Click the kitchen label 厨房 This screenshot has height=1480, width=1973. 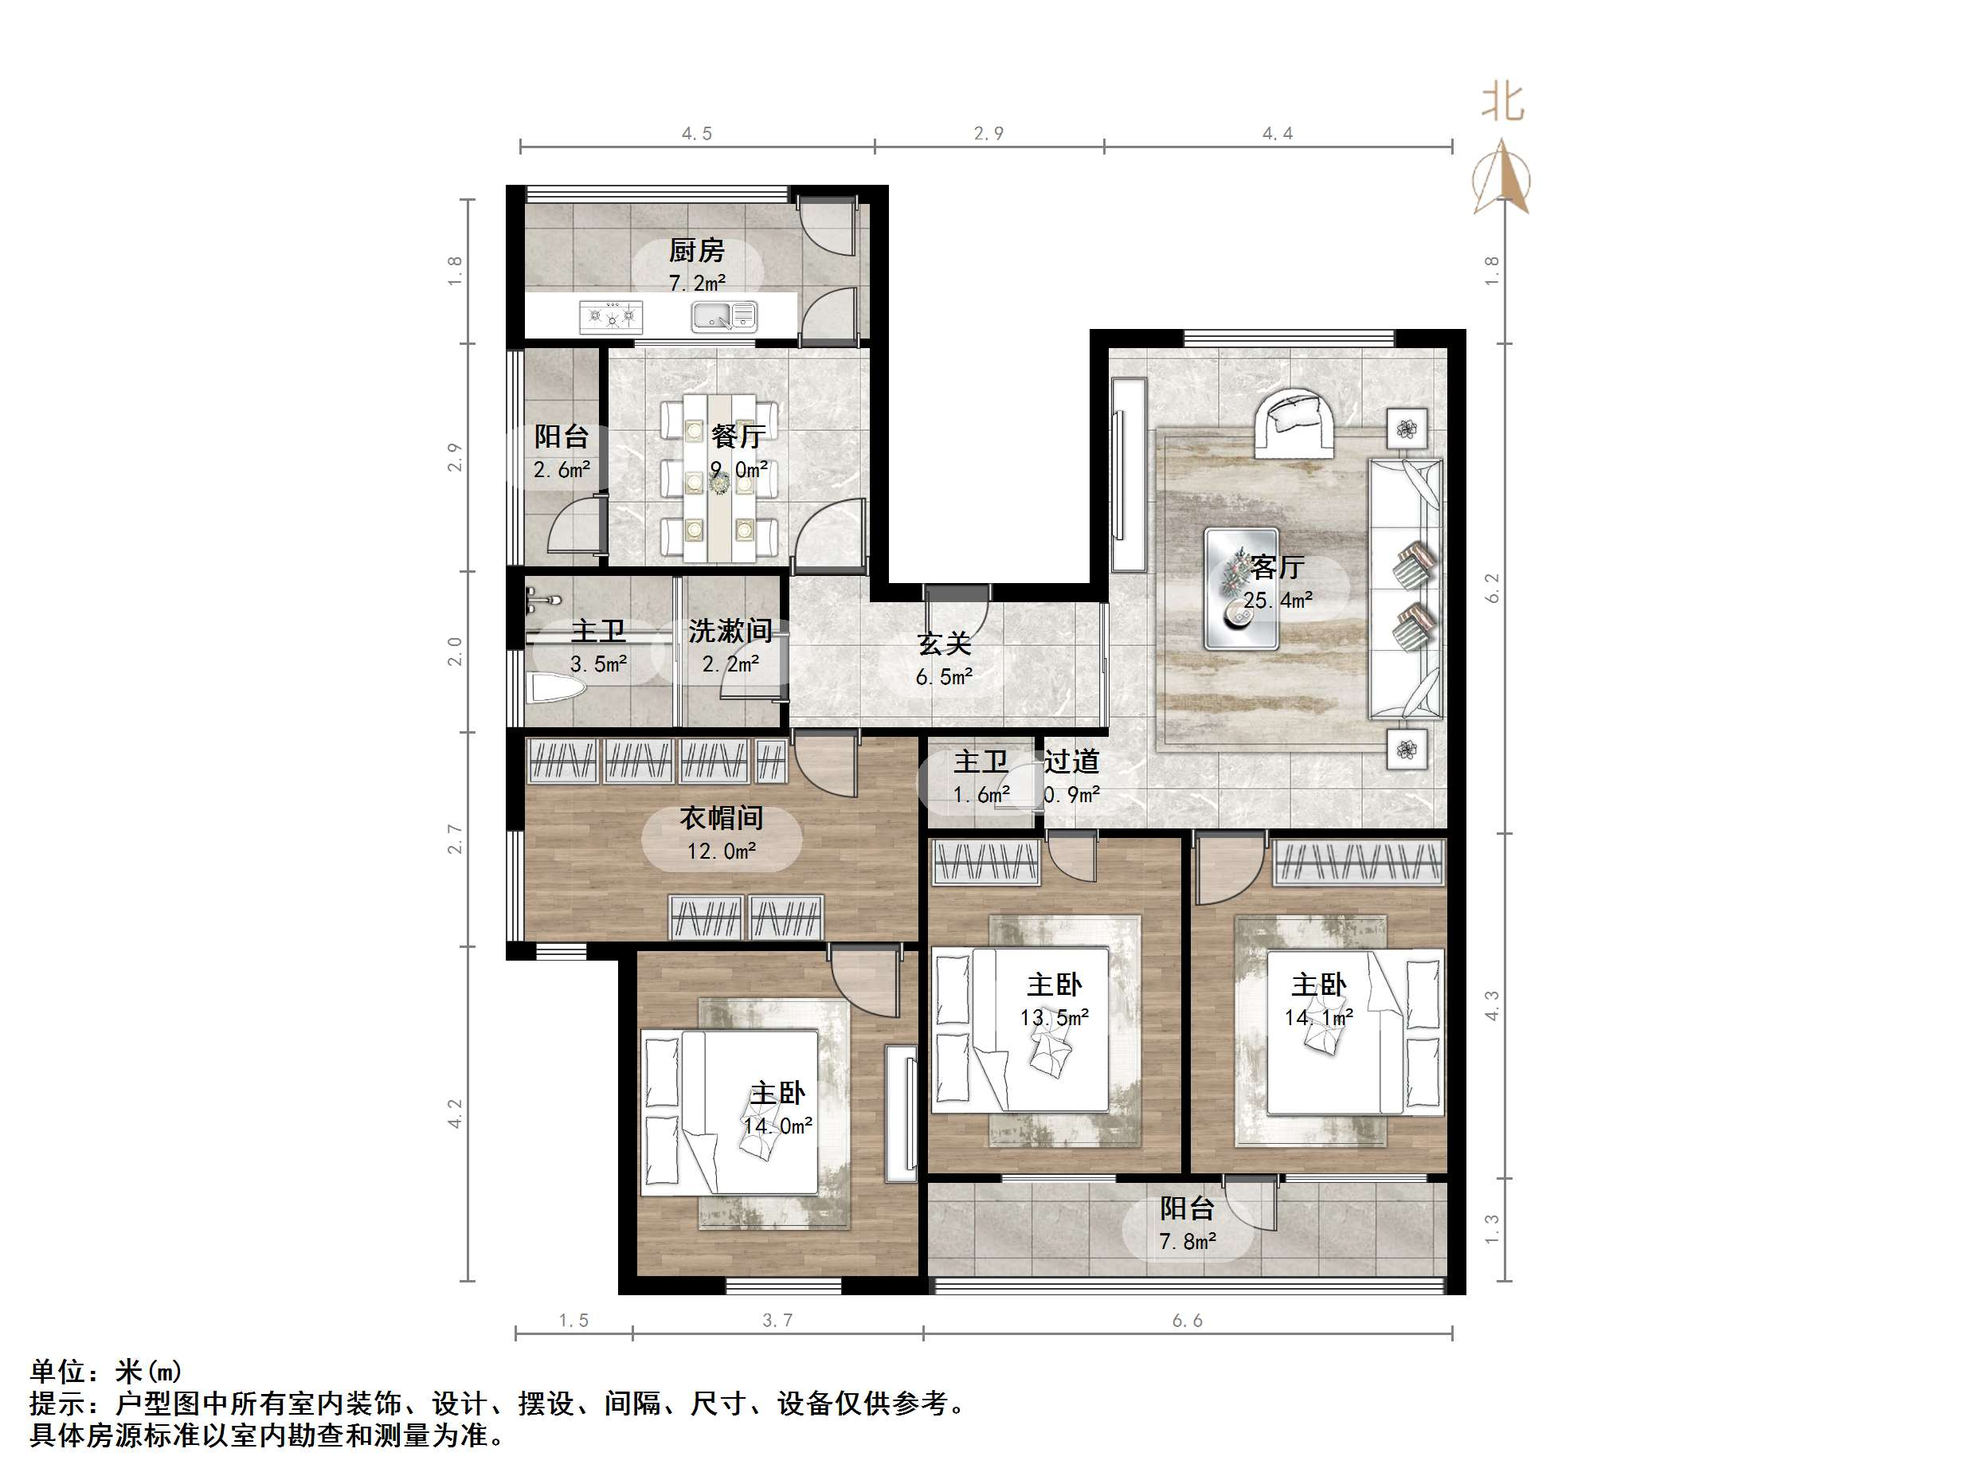tap(697, 251)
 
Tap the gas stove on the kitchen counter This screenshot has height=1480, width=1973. tap(611, 315)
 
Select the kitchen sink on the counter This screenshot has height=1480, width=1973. tap(723, 315)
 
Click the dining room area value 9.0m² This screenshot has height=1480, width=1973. tap(738, 469)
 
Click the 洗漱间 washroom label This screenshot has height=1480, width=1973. tap(730, 631)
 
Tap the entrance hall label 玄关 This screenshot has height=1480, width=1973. tap(944, 643)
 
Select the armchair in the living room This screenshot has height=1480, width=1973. tap(1294, 422)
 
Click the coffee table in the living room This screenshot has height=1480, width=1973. tap(1242, 588)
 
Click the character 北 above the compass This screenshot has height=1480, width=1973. tap(1503, 102)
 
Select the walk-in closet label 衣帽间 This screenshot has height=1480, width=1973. tap(722, 817)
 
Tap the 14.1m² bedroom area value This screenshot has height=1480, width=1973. tap(1318, 1017)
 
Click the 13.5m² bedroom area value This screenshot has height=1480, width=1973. tap(1055, 1017)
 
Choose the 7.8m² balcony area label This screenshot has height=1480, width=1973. tap(1187, 1241)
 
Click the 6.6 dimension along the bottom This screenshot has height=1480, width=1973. tap(1187, 1321)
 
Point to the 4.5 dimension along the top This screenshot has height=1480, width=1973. tap(697, 134)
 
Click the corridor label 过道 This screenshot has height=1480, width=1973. tap(1071, 761)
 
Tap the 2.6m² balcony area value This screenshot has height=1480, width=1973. tap(561, 469)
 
